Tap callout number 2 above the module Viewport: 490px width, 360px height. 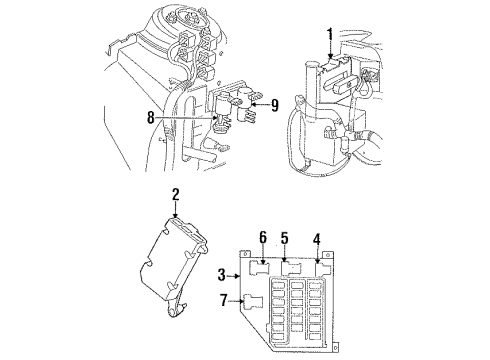pyautogui.click(x=174, y=195)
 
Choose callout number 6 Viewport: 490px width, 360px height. pyautogui.click(x=263, y=237)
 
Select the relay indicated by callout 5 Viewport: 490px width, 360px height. pyautogui.click(x=292, y=266)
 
